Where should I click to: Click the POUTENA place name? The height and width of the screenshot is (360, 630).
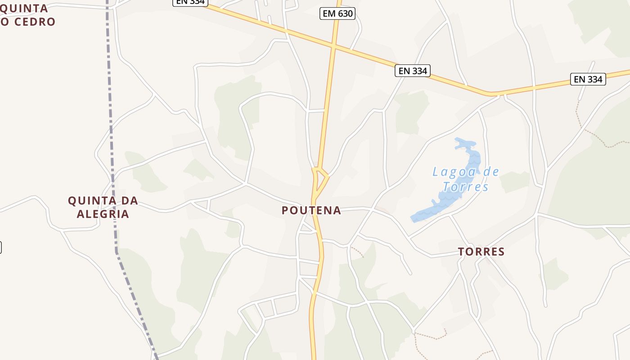(311, 211)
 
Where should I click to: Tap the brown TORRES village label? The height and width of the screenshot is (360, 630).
(481, 252)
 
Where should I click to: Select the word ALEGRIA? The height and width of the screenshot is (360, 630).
(103, 214)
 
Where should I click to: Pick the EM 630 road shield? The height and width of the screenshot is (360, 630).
(337, 13)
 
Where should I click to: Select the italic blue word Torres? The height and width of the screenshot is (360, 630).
(465, 187)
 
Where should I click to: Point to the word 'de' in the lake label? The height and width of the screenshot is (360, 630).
(490, 172)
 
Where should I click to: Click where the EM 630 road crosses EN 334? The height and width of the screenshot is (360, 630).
(333, 45)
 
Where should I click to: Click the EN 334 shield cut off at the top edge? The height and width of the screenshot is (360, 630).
(190, 2)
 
